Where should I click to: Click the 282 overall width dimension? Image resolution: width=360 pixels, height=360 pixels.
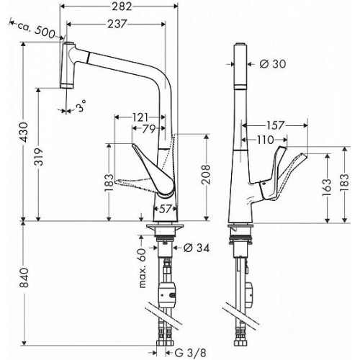[x=122, y=6]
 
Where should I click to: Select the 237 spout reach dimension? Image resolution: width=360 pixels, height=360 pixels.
[x=117, y=24]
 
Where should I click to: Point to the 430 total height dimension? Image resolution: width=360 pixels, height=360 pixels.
[x=24, y=132]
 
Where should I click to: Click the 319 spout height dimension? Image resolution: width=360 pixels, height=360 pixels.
[x=39, y=157]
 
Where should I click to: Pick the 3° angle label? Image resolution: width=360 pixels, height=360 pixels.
[x=81, y=106]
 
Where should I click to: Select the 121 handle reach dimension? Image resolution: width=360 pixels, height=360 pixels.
[x=140, y=117]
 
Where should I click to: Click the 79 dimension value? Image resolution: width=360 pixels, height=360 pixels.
[x=149, y=129]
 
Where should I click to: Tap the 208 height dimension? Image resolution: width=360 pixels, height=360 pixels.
[x=205, y=174]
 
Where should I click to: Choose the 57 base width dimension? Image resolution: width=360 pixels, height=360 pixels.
[x=165, y=209]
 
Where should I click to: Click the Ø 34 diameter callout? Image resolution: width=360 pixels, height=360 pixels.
[x=197, y=248]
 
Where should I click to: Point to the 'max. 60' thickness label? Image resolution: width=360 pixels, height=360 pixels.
[x=143, y=269]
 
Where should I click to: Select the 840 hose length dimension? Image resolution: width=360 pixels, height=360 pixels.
[x=24, y=278]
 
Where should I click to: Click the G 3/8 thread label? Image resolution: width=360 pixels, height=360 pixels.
[x=190, y=353]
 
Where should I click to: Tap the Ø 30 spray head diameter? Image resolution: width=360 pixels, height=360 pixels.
[x=273, y=64]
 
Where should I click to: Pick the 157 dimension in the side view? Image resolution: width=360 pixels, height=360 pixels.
[x=275, y=125]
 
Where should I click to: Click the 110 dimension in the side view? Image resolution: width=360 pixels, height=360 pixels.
[x=266, y=140]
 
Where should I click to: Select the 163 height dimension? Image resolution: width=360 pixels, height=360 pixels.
[x=327, y=188]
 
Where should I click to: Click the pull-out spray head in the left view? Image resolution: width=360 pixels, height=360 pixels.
[x=68, y=66]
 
